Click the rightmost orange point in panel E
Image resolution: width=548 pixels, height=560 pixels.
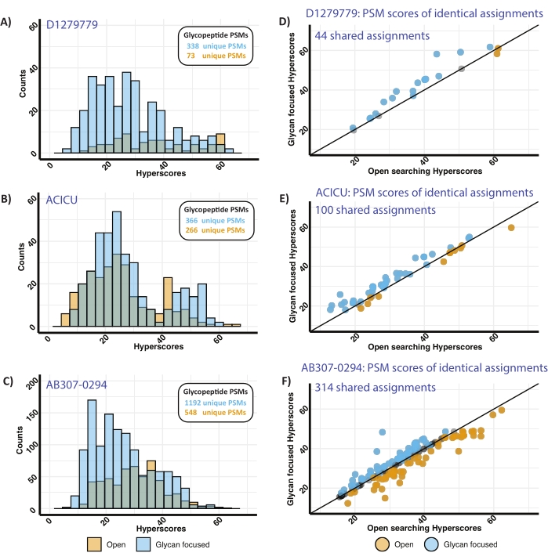[510, 228]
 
